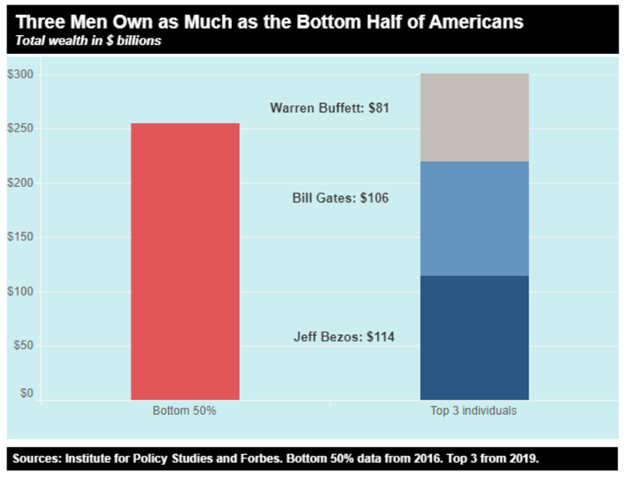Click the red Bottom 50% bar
(185, 261)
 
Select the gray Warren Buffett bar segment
(474, 118)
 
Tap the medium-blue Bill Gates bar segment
(474, 218)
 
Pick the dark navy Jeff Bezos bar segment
(474, 337)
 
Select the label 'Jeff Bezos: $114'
(344, 337)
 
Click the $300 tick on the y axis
(20, 75)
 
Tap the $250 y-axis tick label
(20, 129)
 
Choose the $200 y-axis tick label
(20, 183)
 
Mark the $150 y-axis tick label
(20, 238)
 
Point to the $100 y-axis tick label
(20, 292)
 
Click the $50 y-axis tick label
(22, 345)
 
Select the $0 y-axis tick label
(25, 394)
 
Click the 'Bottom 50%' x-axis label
(185, 411)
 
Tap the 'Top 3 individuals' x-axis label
(474, 411)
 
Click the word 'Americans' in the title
(476, 20)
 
